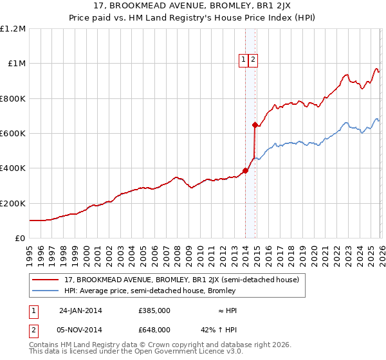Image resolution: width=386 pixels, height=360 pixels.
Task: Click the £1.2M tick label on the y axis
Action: click(x=13, y=29)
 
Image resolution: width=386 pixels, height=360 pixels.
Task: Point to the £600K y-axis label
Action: click(x=13, y=134)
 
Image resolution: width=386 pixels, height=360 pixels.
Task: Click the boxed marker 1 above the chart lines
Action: click(x=244, y=60)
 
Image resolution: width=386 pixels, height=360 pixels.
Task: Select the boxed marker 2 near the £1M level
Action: click(x=253, y=60)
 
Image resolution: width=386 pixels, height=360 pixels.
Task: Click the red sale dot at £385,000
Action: click(x=245, y=171)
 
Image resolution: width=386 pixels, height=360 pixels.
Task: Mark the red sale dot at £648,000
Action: click(x=255, y=125)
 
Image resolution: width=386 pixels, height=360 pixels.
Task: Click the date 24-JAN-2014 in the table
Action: click(x=80, y=310)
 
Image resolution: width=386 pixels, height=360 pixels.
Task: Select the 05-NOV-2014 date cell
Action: click(x=80, y=329)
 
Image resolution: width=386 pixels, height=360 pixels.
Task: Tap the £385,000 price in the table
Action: click(x=154, y=310)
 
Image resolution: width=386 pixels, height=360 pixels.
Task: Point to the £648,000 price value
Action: click(x=154, y=329)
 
